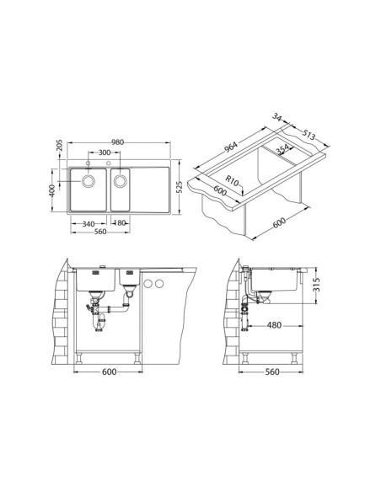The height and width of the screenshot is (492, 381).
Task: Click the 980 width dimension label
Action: pos(118,142)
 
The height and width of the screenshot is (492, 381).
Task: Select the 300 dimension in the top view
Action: pos(105,152)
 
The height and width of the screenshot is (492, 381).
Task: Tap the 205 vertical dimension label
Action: pos(60,145)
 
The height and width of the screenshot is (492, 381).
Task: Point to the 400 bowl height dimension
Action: pos(52,190)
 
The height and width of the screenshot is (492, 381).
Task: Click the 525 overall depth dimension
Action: pos(179,187)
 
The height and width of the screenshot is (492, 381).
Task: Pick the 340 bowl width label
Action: pos(89,224)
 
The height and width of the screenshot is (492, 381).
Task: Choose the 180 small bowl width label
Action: pos(120,222)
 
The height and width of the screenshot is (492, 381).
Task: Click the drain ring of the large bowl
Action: pos(89,181)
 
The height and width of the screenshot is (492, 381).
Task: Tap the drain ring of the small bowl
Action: pos(121,181)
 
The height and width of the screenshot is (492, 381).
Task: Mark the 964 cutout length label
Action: pos(231,147)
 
